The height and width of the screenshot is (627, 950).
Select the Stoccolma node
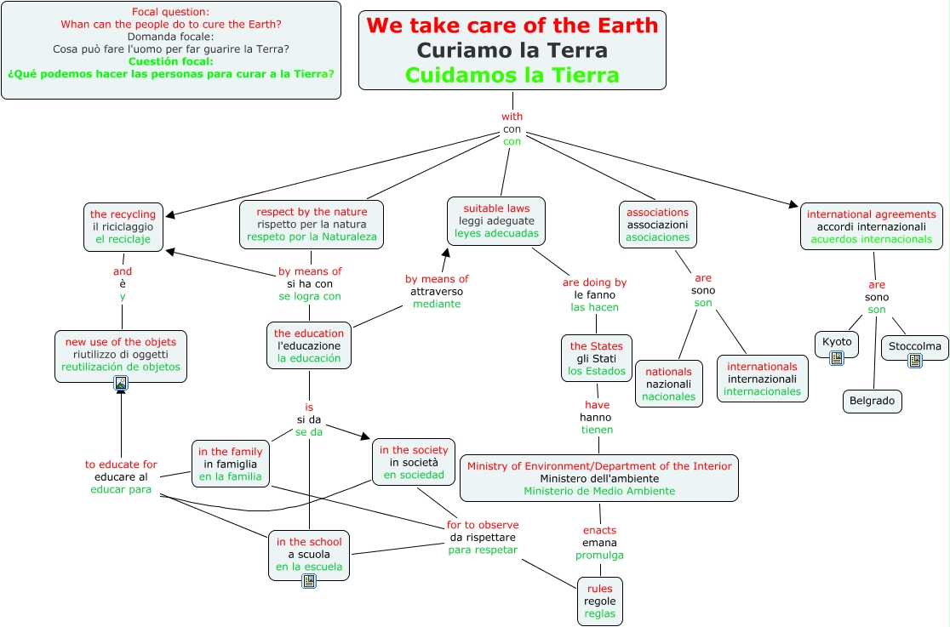[914, 346]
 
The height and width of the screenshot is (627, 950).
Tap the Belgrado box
[873, 402]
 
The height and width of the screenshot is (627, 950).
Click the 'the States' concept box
[596, 358]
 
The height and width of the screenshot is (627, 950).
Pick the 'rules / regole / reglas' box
[599, 601]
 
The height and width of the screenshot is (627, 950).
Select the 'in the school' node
[308, 554]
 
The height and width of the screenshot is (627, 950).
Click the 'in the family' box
[230, 465]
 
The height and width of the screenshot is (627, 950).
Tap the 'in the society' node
[414, 462]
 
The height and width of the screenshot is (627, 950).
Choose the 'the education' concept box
[309, 345]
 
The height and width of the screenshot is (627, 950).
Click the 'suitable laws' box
[496, 220]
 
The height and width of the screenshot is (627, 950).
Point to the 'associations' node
[657, 225]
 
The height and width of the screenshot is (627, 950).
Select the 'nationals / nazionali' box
[668, 384]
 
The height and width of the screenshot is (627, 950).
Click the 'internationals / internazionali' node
[762, 379]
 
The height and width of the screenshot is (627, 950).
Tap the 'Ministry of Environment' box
[599, 478]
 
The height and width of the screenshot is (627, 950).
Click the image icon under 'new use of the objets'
[121, 384]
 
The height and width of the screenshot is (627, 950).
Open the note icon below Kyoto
[836, 358]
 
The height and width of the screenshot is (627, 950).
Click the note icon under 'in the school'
[308, 580]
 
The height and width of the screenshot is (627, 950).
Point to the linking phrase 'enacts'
[599, 530]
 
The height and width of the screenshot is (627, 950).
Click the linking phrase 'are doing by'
[594, 282]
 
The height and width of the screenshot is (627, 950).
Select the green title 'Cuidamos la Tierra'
[512, 75]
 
